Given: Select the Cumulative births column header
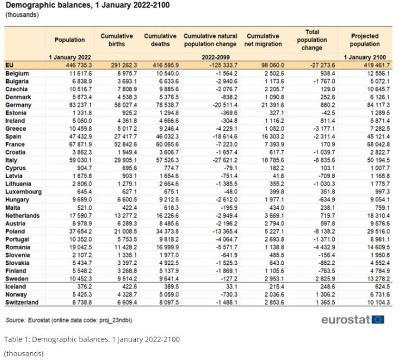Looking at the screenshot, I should click(116, 40).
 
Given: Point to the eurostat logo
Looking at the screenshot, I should click(352, 319).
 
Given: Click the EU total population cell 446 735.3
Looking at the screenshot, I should click(76, 65).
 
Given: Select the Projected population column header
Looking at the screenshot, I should click(364, 40).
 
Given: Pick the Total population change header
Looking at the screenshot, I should click(312, 40).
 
